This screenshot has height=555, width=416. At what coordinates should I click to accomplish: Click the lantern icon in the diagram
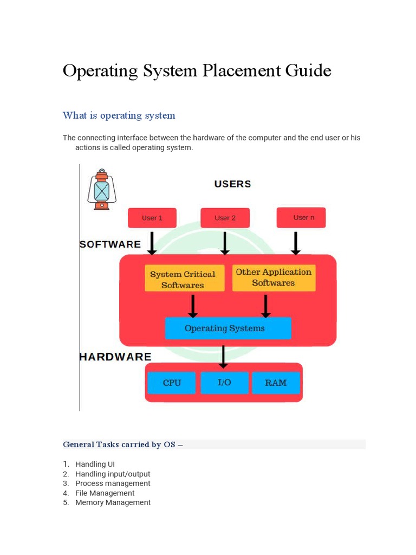click(101, 190)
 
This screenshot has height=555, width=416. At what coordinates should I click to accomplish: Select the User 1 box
click(152, 218)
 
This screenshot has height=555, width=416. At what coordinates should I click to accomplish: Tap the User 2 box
click(225, 218)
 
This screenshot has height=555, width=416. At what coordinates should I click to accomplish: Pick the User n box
click(301, 217)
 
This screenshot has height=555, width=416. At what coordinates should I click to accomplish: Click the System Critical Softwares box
click(183, 279)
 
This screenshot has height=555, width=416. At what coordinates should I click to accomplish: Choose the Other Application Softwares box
click(274, 277)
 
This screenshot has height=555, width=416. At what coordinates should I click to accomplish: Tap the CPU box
click(172, 383)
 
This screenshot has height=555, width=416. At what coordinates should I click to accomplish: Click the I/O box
click(224, 383)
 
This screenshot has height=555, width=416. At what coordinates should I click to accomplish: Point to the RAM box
click(276, 383)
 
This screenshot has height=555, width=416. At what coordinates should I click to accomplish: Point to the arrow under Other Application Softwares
click(265, 306)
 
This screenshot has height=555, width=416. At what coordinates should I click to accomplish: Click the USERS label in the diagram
click(232, 184)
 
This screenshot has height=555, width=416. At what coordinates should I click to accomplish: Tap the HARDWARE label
click(115, 357)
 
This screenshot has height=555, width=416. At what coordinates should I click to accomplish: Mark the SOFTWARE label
click(110, 244)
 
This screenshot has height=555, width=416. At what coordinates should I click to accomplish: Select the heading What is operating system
click(119, 115)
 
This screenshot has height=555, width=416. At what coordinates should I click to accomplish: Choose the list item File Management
click(105, 493)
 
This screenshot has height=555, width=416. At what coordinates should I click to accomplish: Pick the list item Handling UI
click(95, 464)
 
